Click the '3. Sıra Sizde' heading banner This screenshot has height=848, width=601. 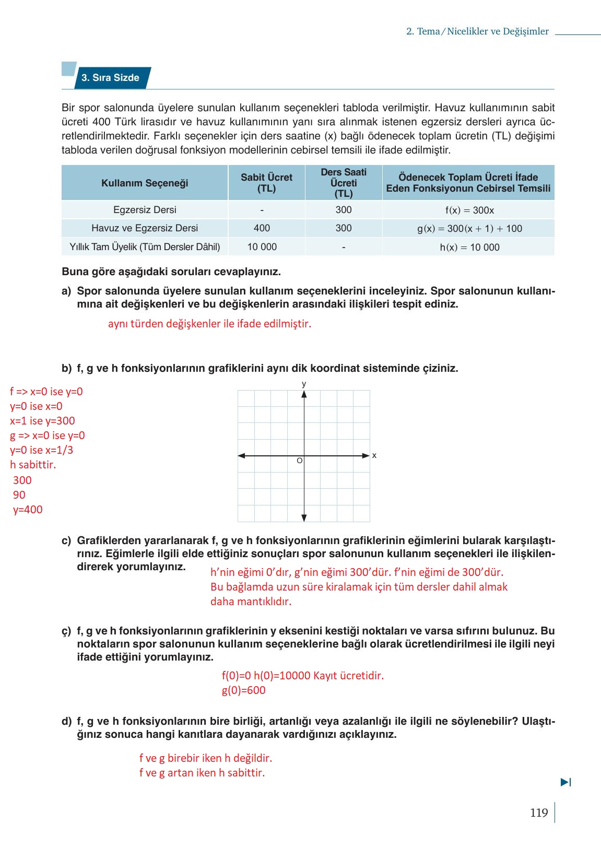point(110,78)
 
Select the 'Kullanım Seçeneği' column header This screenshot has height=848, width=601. point(145,183)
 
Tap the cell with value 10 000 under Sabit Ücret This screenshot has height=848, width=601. point(262,247)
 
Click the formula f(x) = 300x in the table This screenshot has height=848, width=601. point(469,210)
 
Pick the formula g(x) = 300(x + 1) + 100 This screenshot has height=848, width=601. point(469,229)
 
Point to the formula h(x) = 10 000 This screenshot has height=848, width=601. point(469,248)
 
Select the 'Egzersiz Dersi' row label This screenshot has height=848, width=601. point(145,210)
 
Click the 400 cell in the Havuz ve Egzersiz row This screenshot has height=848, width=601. point(262,228)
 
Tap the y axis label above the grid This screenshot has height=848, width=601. point(304,384)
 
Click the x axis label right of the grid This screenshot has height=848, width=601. point(374,455)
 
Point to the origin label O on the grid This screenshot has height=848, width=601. point(299,461)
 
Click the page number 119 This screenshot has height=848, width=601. point(538,813)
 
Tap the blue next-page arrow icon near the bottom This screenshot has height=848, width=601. point(565,782)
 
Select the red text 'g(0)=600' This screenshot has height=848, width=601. point(243,690)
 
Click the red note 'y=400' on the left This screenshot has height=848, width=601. point(28,510)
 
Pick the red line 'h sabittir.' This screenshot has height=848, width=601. point(33,465)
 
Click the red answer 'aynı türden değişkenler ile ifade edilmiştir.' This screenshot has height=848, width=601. point(209,324)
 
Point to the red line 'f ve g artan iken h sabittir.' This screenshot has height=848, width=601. point(202,773)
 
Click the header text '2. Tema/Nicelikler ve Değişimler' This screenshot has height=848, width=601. point(477,31)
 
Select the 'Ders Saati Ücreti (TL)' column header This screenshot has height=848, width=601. point(344,183)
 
